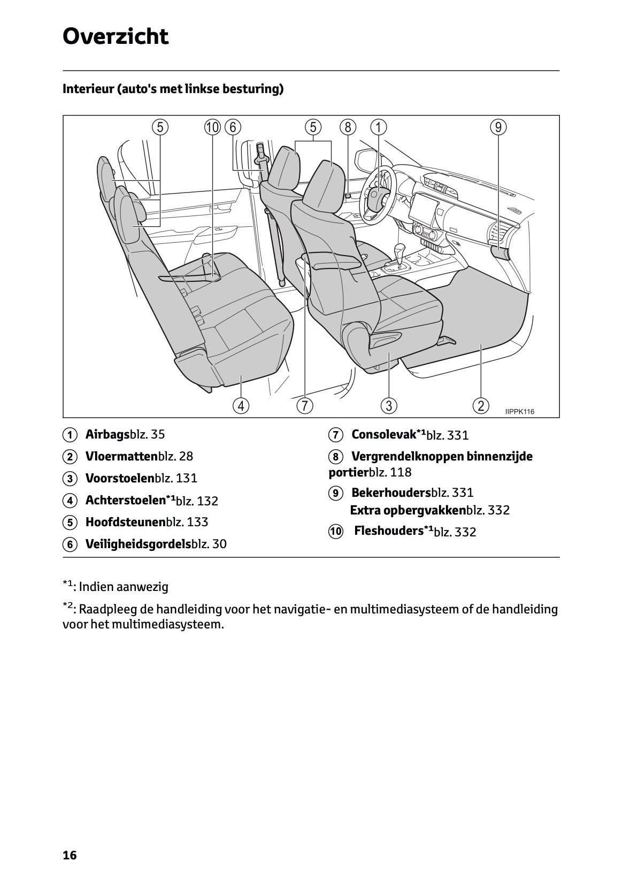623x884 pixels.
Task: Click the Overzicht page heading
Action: pos(116,36)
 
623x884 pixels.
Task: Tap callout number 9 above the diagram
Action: pos(498,127)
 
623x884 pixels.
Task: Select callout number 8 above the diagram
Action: pos(348,127)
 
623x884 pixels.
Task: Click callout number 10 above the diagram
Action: pos(212,127)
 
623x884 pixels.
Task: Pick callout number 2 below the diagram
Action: pos(481,405)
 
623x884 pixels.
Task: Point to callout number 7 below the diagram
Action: pos(304,405)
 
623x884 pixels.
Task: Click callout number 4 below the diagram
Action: pos(241,405)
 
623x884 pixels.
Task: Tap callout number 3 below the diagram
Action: pos(389,405)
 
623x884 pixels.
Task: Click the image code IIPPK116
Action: pos(519,411)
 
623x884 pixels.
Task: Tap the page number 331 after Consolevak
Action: pos(458,435)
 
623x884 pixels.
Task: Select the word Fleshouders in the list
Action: pos(389,531)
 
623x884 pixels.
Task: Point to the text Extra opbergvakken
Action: pos(407,510)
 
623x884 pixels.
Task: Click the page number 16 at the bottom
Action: pos(70,855)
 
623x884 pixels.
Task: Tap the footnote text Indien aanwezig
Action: pos(124,587)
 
